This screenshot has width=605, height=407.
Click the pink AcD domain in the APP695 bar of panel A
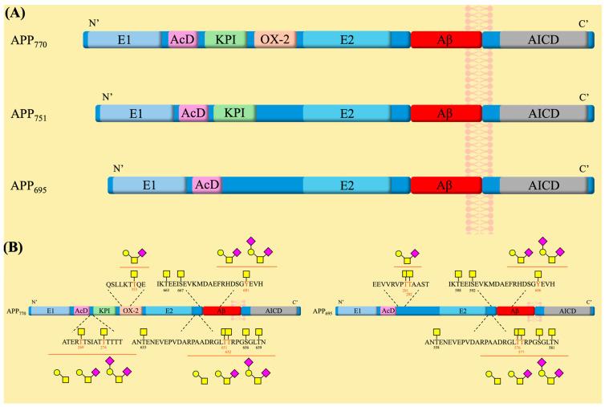[207, 185]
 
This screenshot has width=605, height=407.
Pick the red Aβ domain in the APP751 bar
[445, 113]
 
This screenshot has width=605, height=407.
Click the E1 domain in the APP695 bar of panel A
[148, 185]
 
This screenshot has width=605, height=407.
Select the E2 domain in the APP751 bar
[347, 113]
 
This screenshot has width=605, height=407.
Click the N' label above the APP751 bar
[108, 97]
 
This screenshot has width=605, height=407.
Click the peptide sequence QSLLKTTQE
[124, 283]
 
